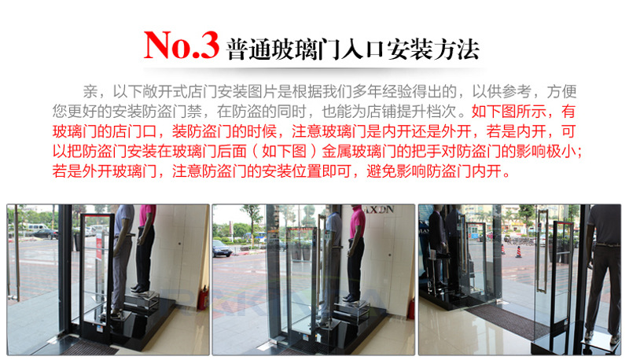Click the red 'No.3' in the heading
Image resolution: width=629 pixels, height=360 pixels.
(182, 45)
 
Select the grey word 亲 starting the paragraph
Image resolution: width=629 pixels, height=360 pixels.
(90, 92)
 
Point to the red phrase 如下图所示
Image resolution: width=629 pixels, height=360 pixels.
(509, 112)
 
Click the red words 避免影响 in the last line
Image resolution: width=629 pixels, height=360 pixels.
(396, 171)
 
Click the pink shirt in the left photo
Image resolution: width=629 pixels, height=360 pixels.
(147, 215)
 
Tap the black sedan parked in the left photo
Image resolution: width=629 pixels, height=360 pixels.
(44, 234)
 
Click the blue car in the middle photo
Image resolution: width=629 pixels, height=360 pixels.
(222, 248)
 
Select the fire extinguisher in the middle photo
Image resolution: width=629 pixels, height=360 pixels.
(411, 309)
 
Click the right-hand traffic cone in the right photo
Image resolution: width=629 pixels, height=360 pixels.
(518, 252)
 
